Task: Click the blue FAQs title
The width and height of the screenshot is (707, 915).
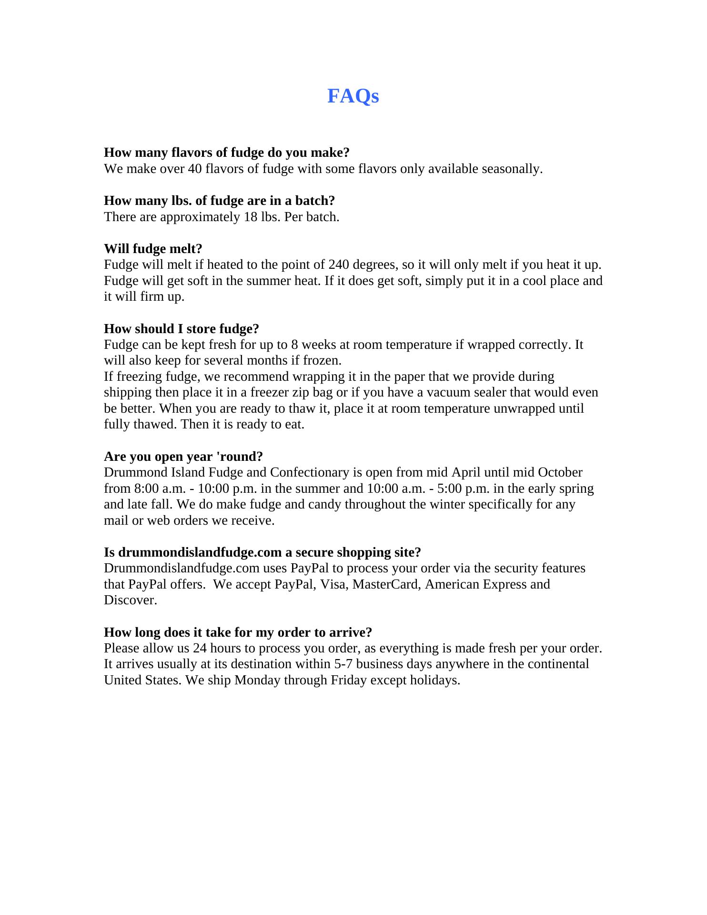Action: pyautogui.click(x=353, y=96)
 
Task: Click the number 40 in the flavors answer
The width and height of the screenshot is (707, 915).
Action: pyautogui.click(x=195, y=169)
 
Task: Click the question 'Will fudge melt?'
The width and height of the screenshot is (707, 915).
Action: pyautogui.click(x=153, y=249)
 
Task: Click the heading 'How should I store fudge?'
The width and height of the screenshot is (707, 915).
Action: pyautogui.click(x=182, y=329)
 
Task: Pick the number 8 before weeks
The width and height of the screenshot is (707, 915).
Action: pyautogui.click(x=294, y=345)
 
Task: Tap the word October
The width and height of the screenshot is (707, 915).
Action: pyautogui.click(x=560, y=472)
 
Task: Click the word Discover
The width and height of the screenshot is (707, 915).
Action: pyautogui.click(x=130, y=600)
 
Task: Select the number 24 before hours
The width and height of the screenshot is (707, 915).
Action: pyautogui.click(x=200, y=648)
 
